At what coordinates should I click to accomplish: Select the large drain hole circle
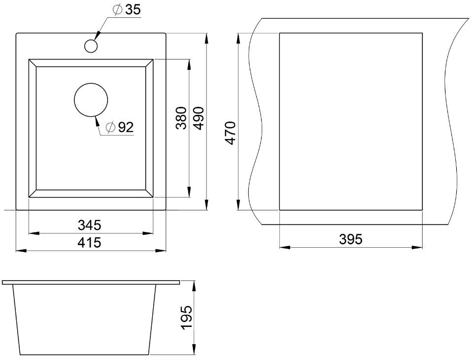pyautogui.click(x=91, y=100)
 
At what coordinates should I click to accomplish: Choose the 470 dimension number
pyautogui.click(x=230, y=133)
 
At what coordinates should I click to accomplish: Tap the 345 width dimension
pyautogui.click(x=89, y=225)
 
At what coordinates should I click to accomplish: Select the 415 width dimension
pyautogui.click(x=89, y=243)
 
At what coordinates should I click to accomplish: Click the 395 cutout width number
pyautogui.click(x=351, y=239)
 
